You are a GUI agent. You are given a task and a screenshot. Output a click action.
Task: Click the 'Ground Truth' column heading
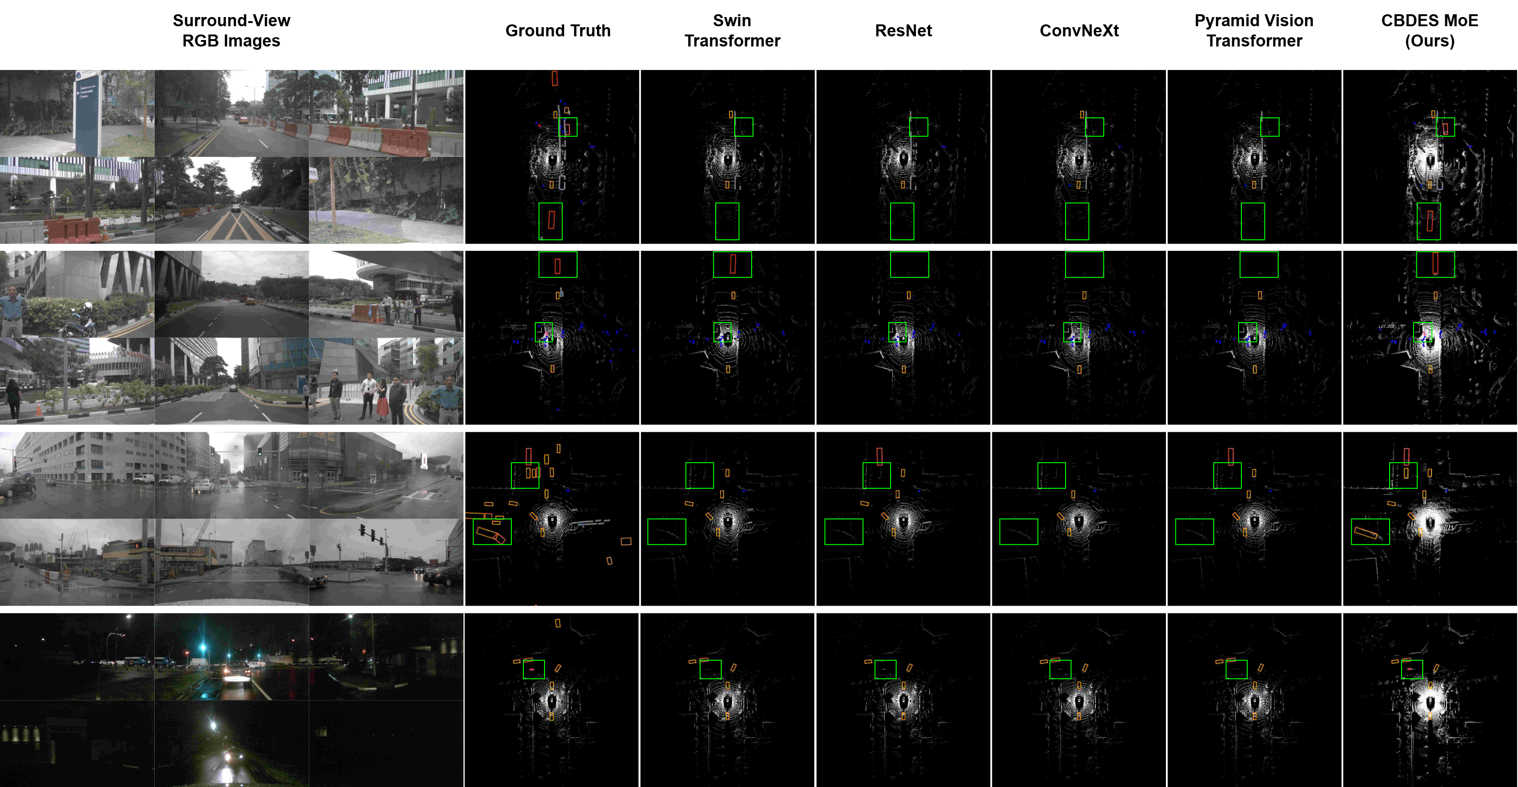coord(557,31)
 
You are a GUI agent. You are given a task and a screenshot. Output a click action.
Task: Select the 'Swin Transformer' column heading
coord(732,31)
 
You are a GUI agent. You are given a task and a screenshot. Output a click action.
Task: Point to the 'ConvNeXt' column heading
coord(1078,31)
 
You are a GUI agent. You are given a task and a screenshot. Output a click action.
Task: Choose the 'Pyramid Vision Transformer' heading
coord(1254,31)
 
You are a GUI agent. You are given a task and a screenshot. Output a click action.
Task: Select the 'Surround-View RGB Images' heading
coord(231,31)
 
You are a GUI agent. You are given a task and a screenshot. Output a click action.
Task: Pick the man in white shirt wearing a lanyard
coord(368,395)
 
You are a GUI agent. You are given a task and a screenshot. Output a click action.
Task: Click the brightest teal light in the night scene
coord(204,648)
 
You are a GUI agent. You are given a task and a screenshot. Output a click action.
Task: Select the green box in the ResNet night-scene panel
coord(885,669)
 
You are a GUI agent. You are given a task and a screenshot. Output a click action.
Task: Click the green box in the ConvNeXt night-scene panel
coord(1060,669)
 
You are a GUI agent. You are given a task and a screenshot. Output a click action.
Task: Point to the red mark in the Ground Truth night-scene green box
coord(532,669)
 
